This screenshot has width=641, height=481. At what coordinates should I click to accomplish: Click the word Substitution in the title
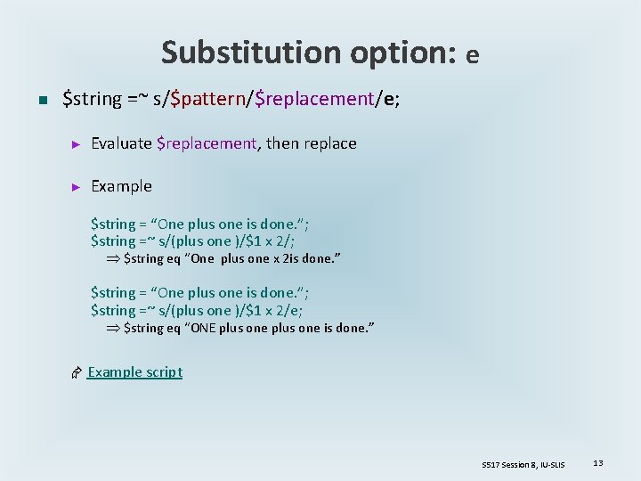click(232, 53)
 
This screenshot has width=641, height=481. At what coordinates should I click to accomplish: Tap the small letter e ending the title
click(472, 56)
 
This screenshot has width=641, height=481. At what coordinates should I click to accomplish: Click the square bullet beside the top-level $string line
click(41, 100)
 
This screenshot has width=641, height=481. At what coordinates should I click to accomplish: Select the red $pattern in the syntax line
click(207, 98)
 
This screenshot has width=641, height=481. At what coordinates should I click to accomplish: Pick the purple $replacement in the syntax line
click(313, 98)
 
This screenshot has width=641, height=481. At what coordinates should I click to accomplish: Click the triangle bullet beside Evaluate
click(77, 144)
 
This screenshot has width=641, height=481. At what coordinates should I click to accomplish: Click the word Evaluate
click(121, 143)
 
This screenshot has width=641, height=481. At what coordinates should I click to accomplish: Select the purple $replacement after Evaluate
click(206, 143)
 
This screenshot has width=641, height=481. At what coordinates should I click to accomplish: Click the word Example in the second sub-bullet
click(121, 186)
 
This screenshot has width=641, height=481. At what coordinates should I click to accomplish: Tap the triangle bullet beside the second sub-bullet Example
click(77, 187)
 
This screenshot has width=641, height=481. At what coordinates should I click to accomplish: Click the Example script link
click(134, 371)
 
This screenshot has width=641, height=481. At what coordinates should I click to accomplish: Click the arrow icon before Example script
click(77, 372)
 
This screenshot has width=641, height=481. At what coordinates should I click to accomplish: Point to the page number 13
click(598, 463)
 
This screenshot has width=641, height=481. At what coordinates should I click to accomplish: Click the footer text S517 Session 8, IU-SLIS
click(523, 464)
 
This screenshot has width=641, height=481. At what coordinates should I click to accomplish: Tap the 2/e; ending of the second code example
click(290, 310)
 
